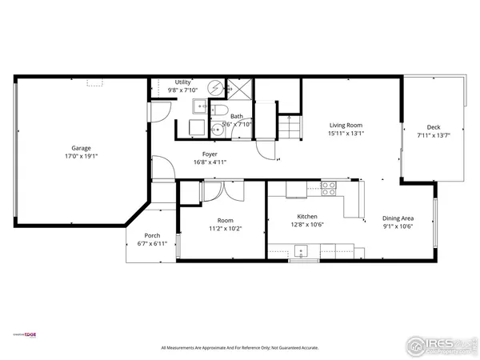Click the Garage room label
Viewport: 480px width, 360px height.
tap(81, 148)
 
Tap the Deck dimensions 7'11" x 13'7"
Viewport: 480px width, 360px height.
tap(433, 135)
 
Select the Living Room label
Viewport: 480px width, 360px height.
tap(346, 125)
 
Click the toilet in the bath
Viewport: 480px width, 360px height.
tap(223, 112)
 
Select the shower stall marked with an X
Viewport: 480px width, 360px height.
tap(238, 88)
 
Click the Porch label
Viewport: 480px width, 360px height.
tap(152, 235)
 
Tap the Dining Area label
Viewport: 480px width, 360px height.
tap(397, 218)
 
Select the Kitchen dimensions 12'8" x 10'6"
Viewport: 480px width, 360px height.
tap(307, 225)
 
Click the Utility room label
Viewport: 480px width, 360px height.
tap(182, 82)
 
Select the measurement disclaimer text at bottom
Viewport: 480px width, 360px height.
tap(239, 347)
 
